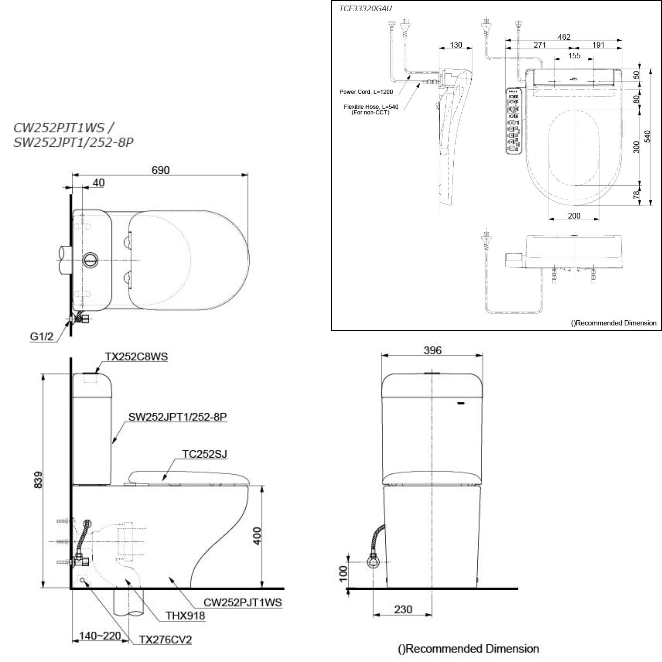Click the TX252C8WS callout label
pyautogui.click(x=136, y=357)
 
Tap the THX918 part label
pyautogui.click(x=185, y=616)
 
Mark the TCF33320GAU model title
pyautogui.click(x=365, y=9)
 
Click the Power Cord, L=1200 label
pyautogui.click(x=366, y=92)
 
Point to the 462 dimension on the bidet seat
pyautogui.click(x=564, y=37)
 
